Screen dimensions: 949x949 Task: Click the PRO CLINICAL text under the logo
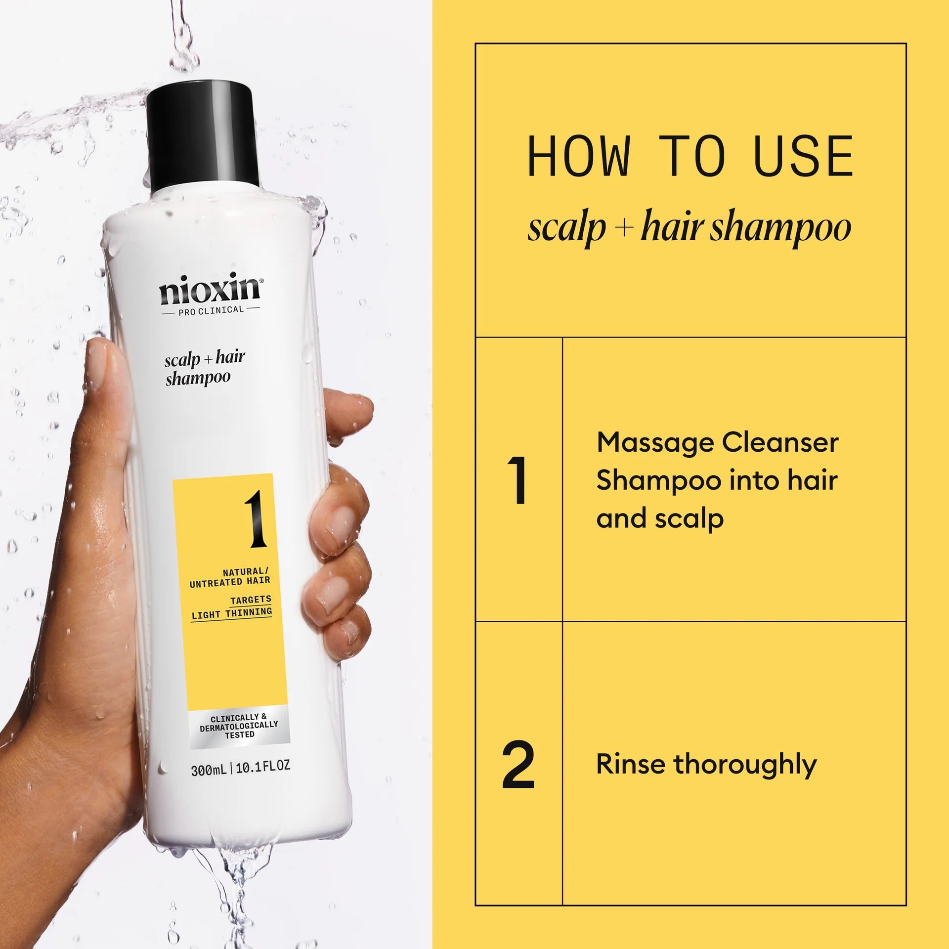pos(211,310)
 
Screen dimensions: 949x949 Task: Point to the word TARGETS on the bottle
pos(251,600)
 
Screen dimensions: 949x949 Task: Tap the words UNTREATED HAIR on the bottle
pos(230,582)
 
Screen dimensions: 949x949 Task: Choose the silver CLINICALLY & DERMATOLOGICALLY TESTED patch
pos(239,726)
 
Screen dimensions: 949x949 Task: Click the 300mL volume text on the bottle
pos(209,770)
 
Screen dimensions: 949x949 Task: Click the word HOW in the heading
pos(579,157)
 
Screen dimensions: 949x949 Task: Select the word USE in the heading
pos(804,157)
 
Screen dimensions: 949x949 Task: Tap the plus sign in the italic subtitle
pos(624,228)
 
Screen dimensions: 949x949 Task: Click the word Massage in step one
pos(654,443)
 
